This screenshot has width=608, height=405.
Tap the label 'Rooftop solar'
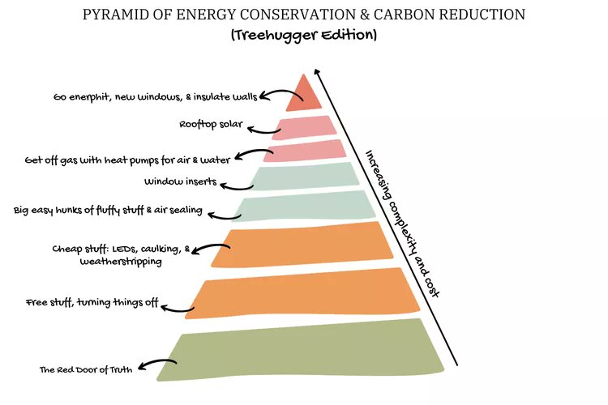click(x=212, y=125)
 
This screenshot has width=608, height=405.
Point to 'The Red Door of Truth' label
click(x=86, y=370)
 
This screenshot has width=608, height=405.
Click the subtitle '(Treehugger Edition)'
click(x=304, y=36)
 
